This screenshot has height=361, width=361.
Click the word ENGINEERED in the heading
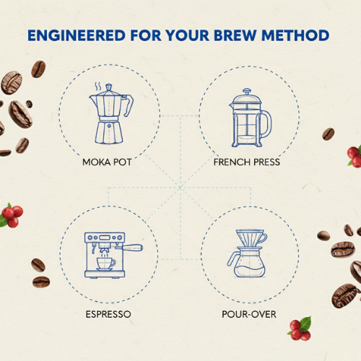click(x=77, y=35)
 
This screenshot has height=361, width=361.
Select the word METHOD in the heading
click(x=295, y=35)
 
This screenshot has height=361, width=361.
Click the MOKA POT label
click(x=107, y=162)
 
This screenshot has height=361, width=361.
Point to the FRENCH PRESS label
click(x=247, y=162)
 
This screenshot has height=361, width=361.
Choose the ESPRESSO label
click(x=108, y=314)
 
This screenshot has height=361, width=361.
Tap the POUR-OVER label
click(x=249, y=314)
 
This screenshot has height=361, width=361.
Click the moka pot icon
click(x=111, y=113)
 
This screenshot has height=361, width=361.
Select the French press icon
click(x=251, y=118)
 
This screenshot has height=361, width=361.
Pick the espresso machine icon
click(x=113, y=255)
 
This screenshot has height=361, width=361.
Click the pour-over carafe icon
click(x=247, y=253)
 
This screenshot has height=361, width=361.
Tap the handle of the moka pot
click(x=128, y=105)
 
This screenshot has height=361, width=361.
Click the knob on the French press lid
click(x=247, y=91)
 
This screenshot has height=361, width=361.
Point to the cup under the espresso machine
click(x=106, y=264)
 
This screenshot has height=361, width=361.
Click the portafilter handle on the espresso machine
click(x=132, y=248)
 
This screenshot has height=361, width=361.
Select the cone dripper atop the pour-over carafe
click(x=251, y=238)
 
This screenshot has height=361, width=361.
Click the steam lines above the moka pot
click(x=97, y=86)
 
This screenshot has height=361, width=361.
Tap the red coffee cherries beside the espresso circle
click(x=12, y=215)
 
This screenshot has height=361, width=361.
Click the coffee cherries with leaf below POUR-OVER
click(x=300, y=329)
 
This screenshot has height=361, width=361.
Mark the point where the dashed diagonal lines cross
click(x=180, y=187)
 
